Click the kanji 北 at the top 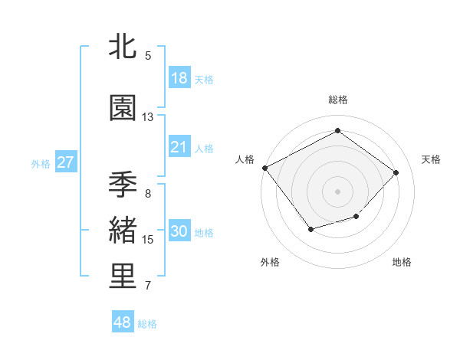point(123,47)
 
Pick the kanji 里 point(123,277)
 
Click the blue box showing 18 point(179,77)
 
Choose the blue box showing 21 point(179,147)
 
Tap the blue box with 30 point(179,231)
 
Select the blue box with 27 point(65,162)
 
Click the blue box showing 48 point(123,322)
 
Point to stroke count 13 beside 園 point(148,117)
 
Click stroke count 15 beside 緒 point(148,240)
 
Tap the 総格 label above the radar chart point(337,100)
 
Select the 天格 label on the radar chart point(431,159)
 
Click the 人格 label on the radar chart point(245,159)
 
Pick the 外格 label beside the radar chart point(269,262)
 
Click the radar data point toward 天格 point(396,172)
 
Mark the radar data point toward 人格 point(265,168)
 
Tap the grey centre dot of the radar point(337,191)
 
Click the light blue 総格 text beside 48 point(147,324)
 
